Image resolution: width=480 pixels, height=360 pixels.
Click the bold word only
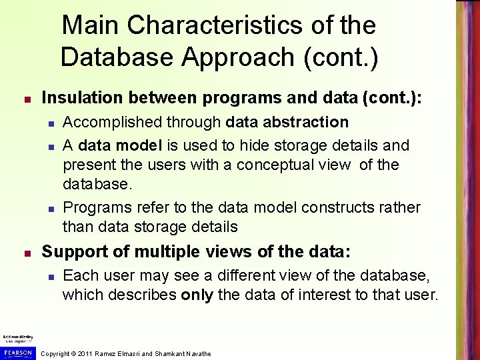point(197,295)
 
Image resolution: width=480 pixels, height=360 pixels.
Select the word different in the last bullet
point(221,275)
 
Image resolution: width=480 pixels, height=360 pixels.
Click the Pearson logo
point(16,352)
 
